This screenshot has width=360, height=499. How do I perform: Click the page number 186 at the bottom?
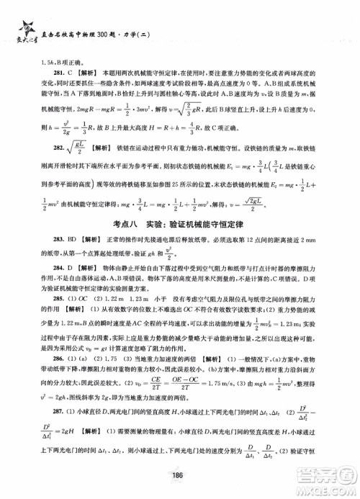click(x=180, y=484)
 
